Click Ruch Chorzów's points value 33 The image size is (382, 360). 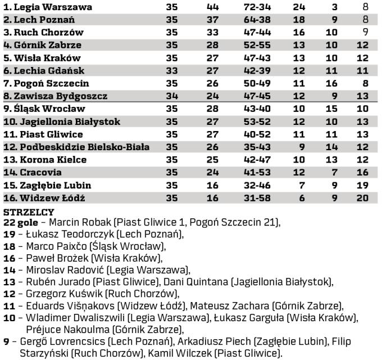pos(212,33)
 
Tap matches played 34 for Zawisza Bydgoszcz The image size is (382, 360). pos(172,96)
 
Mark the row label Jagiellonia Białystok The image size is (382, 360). pos(62,121)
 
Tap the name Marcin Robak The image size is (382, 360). pos(68,222)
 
